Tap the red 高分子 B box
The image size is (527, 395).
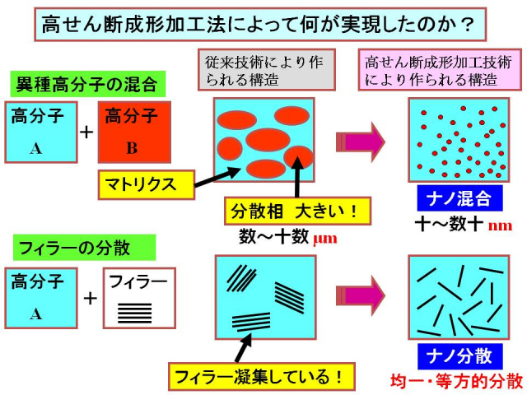coord(134,132)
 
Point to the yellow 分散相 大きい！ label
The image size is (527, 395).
coord(291,210)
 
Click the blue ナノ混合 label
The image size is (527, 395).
coord(459,198)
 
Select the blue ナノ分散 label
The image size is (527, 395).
coord(459,355)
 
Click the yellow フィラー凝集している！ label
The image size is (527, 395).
coord(260,378)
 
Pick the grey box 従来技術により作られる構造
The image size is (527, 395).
coord(267,70)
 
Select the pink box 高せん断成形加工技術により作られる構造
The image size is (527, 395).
coord(440,70)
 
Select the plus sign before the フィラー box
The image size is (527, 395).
coord(89,298)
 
